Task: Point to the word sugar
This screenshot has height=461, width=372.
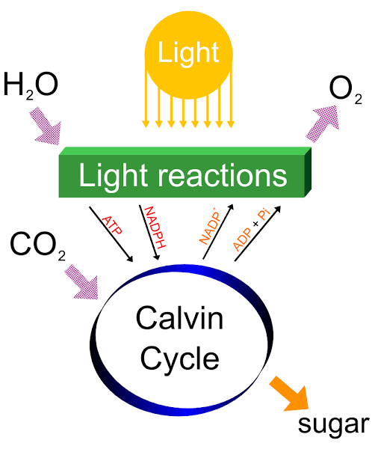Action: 333,424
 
